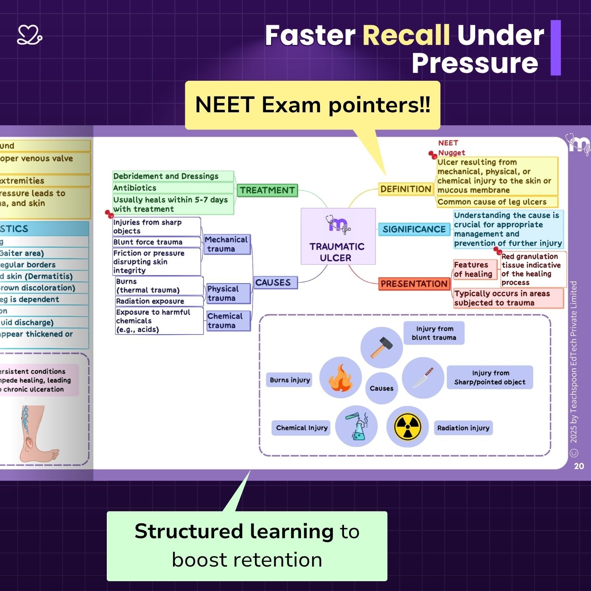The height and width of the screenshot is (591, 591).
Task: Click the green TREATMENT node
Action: click(x=267, y=190)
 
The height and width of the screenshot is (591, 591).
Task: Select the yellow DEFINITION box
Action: click(x=405, y=189)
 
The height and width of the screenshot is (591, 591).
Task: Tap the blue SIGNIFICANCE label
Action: click(x=414, y=229)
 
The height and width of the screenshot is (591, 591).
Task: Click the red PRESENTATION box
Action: click(x=414, y=284)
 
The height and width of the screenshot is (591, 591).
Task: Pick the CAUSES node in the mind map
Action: click(x=273, y=282)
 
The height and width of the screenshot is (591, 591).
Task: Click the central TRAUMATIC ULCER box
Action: click(x=338, y=236)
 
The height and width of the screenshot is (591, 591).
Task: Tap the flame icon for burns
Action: click(x=340, y=378)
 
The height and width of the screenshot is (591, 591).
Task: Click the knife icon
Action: click(x=422, y=377)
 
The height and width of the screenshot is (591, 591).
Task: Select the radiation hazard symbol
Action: click(x=407, y=427)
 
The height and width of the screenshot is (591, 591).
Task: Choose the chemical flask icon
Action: click(x=357, y=426)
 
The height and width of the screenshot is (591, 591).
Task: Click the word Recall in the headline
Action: click(x=406, y=35)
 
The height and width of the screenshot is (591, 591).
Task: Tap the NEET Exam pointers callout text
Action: click(x=312, y=105)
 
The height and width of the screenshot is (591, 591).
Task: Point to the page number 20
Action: click(x=579, y=466)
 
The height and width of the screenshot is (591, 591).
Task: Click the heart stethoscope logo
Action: click(x=30, y=35)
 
